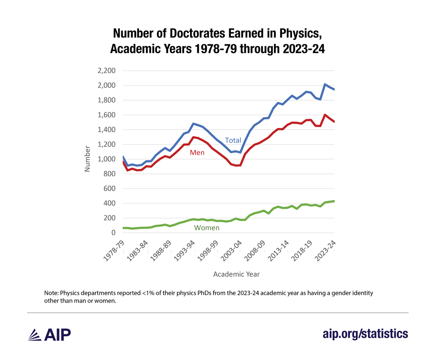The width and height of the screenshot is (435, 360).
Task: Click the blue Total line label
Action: pyautogui.click(x=233, y=140)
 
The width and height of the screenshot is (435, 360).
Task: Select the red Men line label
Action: pyautogui.click(x=198, y=153)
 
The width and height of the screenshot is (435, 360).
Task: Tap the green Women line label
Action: pyautogui.click(x=207, y=228)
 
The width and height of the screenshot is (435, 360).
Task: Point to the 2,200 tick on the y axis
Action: pyautogui.click(x=106, y=71)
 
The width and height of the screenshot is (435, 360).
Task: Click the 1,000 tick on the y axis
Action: pyautogui.click(x=106, y=159)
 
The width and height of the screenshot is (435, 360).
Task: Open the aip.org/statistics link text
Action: pyautogui.click(x=365, y=333)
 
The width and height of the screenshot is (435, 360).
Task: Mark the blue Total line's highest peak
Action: pyautogui.click(x=325, y=84)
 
